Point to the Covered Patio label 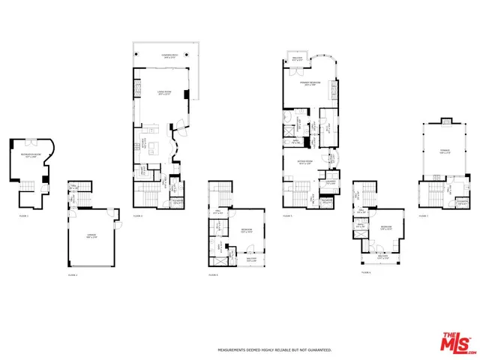[169, 55]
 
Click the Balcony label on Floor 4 [251, 259]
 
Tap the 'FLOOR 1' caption [23, 215]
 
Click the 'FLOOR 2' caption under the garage [73, 275]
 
